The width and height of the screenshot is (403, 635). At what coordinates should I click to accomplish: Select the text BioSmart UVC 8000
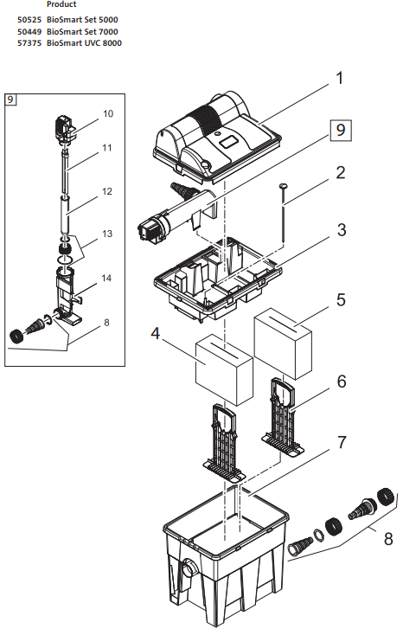click(84, 42)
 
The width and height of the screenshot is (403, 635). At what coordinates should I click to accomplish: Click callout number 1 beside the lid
click(339, 79)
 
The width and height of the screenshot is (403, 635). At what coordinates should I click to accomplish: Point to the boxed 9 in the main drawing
click(340, 130)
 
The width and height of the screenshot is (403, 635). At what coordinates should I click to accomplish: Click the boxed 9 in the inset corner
click(10, 99)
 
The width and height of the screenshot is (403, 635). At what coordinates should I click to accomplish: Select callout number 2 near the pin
click(340, 172)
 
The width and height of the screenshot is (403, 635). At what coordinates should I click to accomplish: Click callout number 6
click(342, 381)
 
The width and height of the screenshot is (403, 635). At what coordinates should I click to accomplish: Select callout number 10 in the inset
click(108, 113)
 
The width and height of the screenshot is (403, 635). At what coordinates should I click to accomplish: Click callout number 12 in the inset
click(108, 191)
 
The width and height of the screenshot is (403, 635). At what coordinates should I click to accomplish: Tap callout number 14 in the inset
click(108, 279)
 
